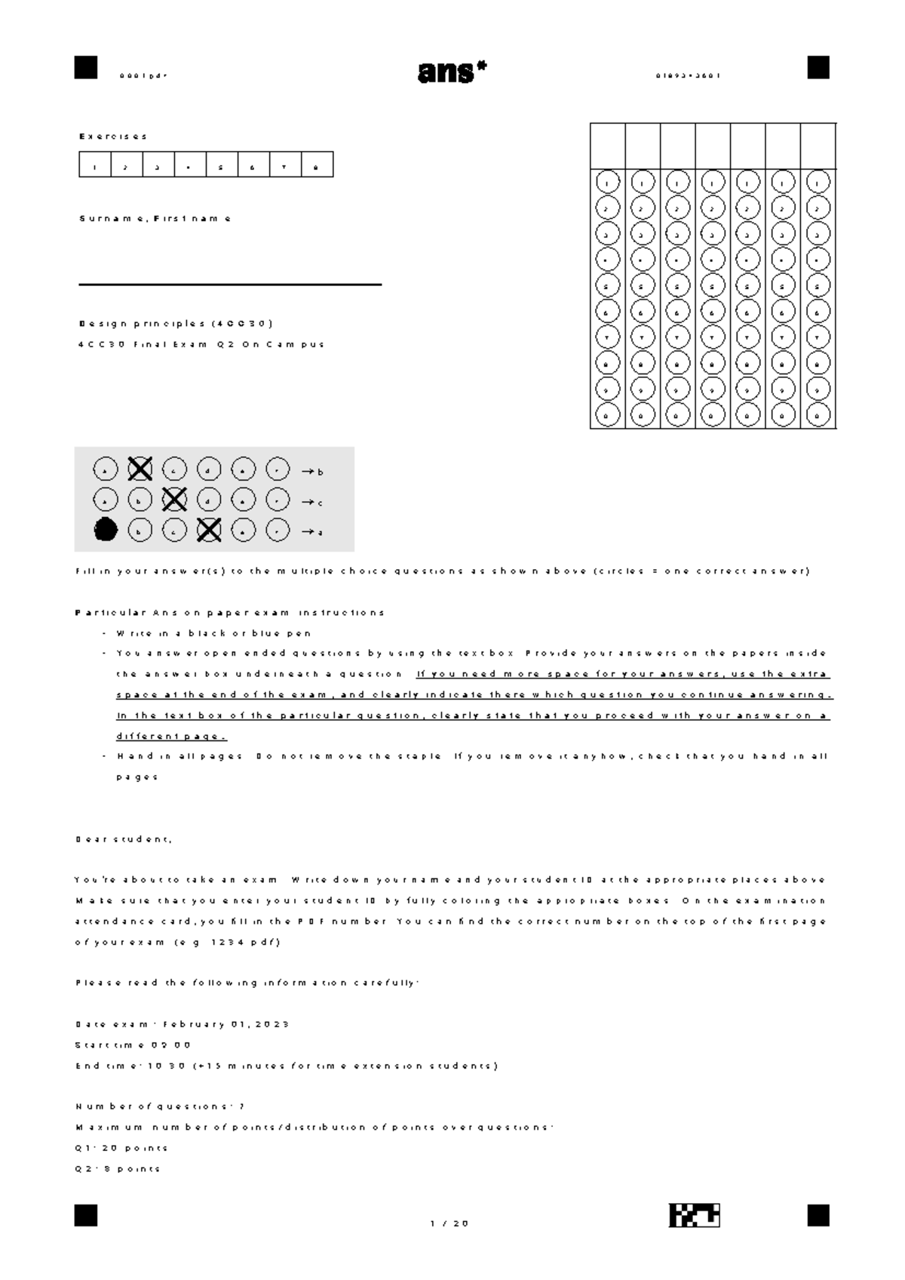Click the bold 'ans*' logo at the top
coord(451,72)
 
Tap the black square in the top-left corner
coord(86,68)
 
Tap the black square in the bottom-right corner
coord(818,1215)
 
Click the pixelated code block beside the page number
coord(694,1215)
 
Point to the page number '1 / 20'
coord(449,1223)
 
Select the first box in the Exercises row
coord(95,165)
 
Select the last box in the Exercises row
coord(317,165)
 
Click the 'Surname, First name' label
coord(155,219)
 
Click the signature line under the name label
coord(230,285)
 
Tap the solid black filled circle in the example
coord(106,530)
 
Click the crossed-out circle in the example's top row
coord(140,469)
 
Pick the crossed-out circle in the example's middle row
coord(174,500)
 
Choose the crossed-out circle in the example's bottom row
coord(209,530)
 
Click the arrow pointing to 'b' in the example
coord(308,472)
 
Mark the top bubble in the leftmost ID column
coord(607,182)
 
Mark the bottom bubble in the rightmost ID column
coord(818,414)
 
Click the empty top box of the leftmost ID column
coord(607,145)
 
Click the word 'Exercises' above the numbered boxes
coord(113,137)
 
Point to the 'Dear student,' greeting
coord(124,839)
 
